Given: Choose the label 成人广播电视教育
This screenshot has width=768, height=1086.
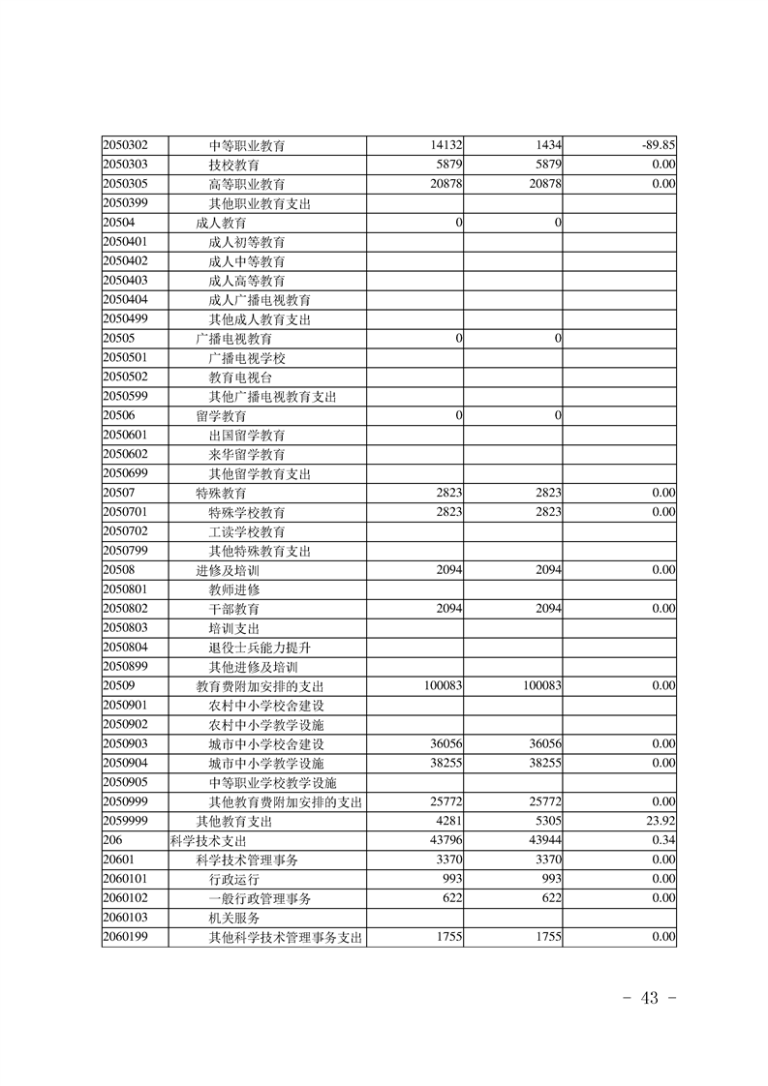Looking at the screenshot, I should point(260,300).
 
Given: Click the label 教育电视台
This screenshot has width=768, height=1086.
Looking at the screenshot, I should point(240,377).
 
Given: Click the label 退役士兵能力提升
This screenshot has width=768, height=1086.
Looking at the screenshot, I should point(260,647).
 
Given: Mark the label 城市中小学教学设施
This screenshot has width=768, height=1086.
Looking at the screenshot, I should point(266,763).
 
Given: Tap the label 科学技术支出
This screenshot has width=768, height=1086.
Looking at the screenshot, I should point(207,840).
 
